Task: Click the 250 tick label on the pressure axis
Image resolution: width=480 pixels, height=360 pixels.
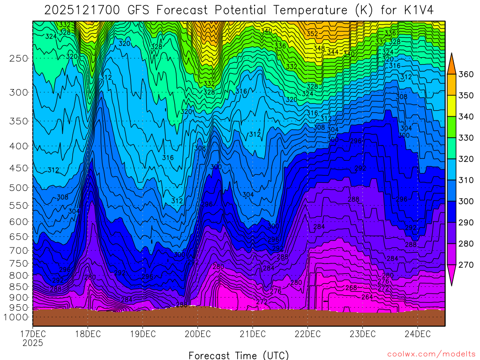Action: (x=19, y=59)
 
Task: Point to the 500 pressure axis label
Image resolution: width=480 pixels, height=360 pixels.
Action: (x=19, y=187)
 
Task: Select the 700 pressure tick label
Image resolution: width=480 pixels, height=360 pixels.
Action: (x=19, y=251)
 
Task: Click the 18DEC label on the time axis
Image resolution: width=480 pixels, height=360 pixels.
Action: (x=88, y=334)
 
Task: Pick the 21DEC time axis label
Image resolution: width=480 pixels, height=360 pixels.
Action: (x=252, y=334)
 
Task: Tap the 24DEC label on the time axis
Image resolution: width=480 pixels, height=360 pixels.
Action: (x=417, y=334)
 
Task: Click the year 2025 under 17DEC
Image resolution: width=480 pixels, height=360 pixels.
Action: (x=32, y=343)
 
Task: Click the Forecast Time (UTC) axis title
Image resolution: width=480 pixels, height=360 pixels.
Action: (x=239, y=355)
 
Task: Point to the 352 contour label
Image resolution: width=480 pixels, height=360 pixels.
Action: (x=312, y=34)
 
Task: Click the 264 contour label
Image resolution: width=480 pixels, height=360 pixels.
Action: (x=367, y=297)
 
